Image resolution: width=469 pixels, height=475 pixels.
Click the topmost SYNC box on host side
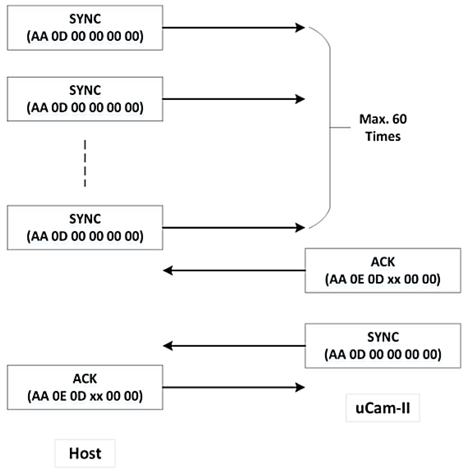85,28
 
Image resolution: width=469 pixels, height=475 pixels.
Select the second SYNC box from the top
85,99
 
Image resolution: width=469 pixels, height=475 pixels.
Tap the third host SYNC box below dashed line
85,227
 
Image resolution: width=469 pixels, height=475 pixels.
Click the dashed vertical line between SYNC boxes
85,163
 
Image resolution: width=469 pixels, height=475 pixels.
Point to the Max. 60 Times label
383,128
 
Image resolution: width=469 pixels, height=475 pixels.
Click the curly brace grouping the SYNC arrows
330,128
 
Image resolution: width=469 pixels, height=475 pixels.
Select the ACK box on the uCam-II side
383,271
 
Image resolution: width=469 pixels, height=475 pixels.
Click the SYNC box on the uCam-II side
383,345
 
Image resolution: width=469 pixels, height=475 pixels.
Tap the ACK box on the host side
85,387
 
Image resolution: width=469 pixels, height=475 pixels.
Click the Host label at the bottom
85,453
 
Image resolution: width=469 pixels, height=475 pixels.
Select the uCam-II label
383,408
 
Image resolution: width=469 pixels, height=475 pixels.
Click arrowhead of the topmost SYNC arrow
300,28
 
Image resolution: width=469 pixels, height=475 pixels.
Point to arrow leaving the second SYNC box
232,99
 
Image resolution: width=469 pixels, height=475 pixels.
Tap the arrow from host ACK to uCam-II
232,387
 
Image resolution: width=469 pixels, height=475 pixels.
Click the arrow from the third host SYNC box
232,227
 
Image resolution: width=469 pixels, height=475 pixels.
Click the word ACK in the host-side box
85,379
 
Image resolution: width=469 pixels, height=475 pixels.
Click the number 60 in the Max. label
399,119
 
